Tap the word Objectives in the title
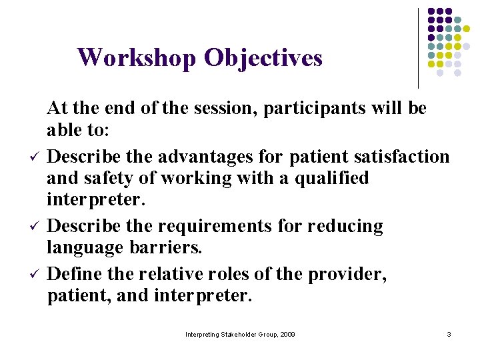coord(263,57)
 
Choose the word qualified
coord(329,178)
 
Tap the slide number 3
coord(449,333)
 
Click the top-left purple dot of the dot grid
coord(431,11)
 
